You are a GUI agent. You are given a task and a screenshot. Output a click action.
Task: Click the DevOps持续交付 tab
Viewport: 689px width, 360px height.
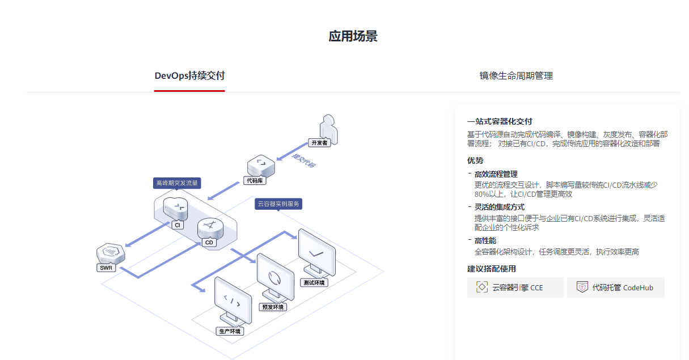coord(189,75)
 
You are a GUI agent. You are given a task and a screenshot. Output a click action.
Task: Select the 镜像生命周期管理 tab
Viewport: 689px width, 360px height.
coord(516,75)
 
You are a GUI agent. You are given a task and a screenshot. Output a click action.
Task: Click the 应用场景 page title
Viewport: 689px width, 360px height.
coord(353,36)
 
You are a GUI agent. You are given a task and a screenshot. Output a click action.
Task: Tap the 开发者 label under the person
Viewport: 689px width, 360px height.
coord(319,143)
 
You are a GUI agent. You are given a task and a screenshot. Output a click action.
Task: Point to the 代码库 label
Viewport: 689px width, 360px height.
coord(255,180)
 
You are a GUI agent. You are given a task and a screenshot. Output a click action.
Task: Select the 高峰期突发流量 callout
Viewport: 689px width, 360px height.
coord(177,183)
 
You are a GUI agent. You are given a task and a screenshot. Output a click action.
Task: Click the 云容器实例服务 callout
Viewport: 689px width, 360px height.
coord(278,204)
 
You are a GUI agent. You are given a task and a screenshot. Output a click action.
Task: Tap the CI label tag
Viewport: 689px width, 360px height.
coord(177,225)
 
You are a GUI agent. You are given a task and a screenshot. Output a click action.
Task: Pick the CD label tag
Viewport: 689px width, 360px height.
coord(209,243)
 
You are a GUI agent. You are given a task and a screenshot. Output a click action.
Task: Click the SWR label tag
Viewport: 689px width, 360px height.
coord(106,268)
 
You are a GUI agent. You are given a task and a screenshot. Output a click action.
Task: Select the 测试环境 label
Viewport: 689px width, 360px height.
coord(314,283)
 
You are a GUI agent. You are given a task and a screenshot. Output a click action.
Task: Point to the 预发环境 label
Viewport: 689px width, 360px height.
coord(273,307)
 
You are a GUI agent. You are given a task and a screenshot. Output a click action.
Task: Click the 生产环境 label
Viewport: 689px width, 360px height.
coord(230,332)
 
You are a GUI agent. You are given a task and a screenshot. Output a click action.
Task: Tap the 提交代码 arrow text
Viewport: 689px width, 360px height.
coord(303,161)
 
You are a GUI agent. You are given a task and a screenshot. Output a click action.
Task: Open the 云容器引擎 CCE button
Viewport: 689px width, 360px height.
coord(515,287)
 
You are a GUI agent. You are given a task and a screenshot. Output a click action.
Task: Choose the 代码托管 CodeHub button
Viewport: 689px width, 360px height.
coord(616,287)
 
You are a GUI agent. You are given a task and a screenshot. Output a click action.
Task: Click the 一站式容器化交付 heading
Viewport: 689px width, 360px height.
coord(500,121)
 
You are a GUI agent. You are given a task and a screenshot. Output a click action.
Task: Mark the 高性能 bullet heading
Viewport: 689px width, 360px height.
coord(485,240)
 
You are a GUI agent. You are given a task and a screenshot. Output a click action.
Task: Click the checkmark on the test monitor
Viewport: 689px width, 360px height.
coord(316,254)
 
